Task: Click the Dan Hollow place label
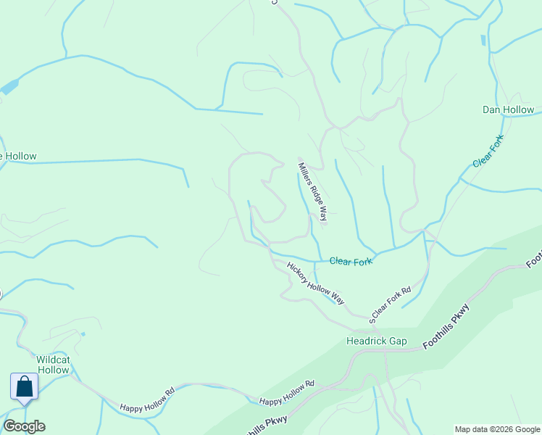pyautogui.click(x=508, y=110)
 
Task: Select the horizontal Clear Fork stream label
pyautogui.click(x=351, y=261)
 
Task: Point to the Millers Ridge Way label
pyautogui.click(x=313, y=191)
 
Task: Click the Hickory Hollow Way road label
pyautogui.click(x=315, y=283)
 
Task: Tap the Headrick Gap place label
pyautogui.click(x=376, y=341)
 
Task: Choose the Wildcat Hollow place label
pyautogui.click(x=53, y=365)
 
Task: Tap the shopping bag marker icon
pyautogui.click(x=24, y=386)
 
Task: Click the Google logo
pyautogui.click(x=24, y=426)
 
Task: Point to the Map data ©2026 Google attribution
pyautogui.click(x=497, y=429)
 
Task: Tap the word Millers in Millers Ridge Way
pyautogui.click(x=305, y=173)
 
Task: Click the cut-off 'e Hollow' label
pyautogui.click(x=18, y=156)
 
